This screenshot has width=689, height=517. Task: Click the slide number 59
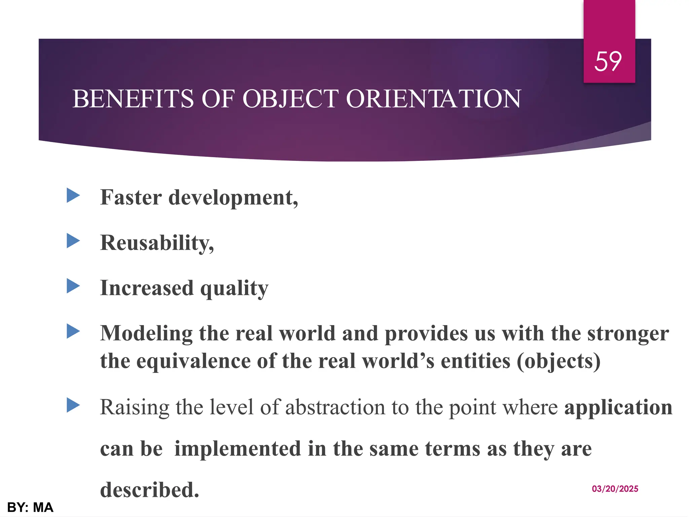point(608,62)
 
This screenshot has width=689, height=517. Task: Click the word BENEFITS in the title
point(133,99)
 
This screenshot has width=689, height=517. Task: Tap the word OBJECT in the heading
point(290,99)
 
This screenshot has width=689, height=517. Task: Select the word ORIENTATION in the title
point(433,99)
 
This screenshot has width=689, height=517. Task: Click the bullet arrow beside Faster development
point(73,196)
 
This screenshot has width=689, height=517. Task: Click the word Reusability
point(157,243)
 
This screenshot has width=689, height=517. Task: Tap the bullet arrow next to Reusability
point(73,241)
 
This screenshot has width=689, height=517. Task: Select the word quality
point(234,289)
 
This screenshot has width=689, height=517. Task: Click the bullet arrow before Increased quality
point(73,286)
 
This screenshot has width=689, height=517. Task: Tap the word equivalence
point(193,361)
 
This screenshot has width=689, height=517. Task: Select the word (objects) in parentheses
point(558,361)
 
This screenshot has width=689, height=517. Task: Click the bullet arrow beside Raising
point(73,405)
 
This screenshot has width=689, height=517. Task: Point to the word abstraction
point(335,407)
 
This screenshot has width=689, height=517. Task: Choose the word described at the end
point(150,490)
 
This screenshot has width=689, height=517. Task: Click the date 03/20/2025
point(615,489)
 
